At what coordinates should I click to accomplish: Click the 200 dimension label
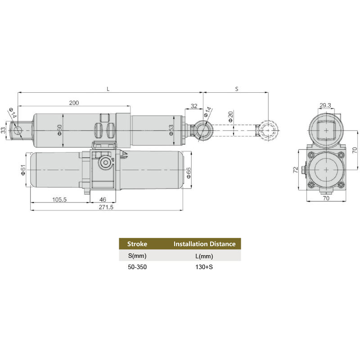74,103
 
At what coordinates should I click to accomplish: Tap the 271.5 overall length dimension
106,207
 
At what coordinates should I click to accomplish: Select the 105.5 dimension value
59,199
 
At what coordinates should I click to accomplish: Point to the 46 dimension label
103,199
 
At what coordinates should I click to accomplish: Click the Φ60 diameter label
59,130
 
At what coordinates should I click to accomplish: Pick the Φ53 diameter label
171,130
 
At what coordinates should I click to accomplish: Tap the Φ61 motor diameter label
23,170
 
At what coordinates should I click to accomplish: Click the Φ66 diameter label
188,173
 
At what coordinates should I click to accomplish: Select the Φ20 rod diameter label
230,117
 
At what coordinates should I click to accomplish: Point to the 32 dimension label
194,106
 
